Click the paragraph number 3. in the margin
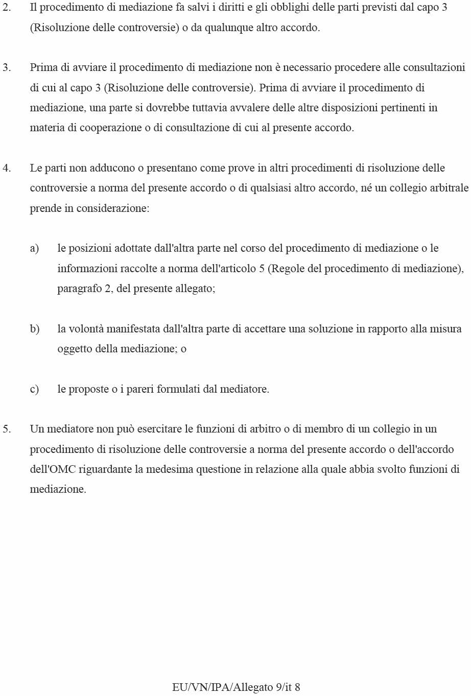click(x=7, y=67)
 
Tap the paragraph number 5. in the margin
click(x=7, y=429)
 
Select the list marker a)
click(x=34, y=248)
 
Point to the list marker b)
click(x=34, y=329)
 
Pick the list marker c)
click(x=34, y=389)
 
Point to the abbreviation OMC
click(x=62, y=469)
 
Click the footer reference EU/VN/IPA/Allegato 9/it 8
click(x=236, y=687)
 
